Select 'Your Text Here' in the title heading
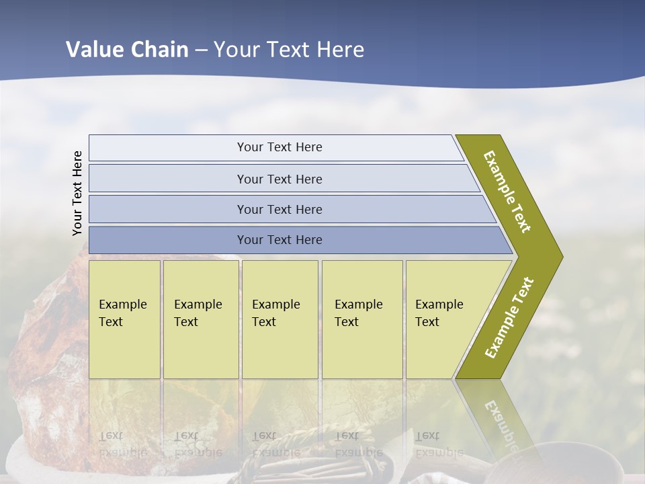(x=289, y=49)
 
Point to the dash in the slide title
(x=201, y=50)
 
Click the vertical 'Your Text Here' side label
(x=77, y=193)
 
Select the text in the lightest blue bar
(x=279, y=147)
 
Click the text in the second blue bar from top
(x=279, y=179)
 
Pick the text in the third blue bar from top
(x=279, y=209)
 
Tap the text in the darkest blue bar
(x=279, y=240)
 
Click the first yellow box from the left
(x=124, y=319)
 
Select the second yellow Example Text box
(x=201, y=319)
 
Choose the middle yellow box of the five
(x=279, y=319)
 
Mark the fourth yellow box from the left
(x=362, y=319)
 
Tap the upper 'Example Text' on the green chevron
(x=507, y=192)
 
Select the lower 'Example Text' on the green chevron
(x=509, y=317)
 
